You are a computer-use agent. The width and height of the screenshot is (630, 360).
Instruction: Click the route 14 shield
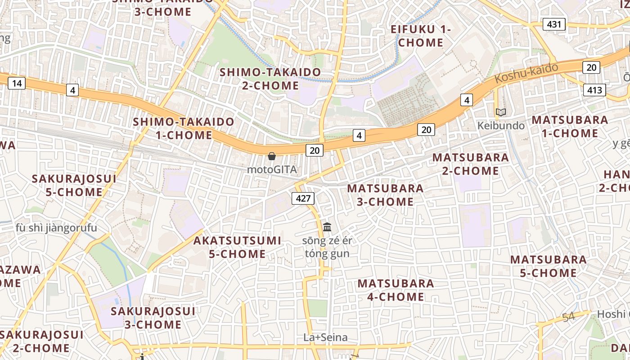point(17,83)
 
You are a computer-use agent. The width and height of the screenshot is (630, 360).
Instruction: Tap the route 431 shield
point(553,24)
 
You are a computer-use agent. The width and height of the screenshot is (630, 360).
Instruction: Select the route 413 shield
point(594,90)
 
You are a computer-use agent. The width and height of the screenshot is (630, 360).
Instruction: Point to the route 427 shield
point(303,198)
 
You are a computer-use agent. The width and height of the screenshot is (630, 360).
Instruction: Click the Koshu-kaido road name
point(526,73)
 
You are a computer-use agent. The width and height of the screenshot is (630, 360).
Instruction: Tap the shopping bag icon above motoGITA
point(272,157)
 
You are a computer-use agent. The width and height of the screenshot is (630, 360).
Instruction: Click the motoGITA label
point(272,170)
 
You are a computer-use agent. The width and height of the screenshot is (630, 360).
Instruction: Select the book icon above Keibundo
point(500,112)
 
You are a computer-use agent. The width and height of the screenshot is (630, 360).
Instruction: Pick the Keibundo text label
point(501,126)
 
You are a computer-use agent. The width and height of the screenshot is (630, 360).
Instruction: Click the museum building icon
point(327,226)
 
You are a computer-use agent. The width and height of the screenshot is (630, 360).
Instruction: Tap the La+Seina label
point(325,337)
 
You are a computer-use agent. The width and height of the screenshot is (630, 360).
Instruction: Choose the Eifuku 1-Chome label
point(421,36)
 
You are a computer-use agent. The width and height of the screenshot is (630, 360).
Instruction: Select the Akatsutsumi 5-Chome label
point(237,247)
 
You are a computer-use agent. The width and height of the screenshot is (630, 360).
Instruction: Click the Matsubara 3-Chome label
point(385,195)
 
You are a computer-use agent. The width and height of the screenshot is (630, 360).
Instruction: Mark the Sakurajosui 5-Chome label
point(74,185)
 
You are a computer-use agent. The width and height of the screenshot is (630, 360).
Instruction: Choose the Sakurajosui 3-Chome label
point(153,318)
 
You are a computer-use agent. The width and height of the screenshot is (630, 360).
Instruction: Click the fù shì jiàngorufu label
point(56,228)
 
